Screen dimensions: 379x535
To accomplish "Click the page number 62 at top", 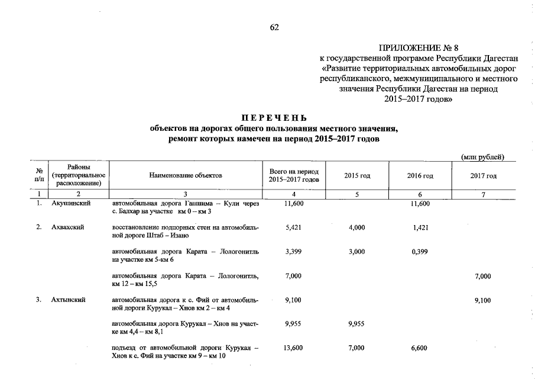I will click(274, 27).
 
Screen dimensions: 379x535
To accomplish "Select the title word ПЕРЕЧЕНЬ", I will click(274, 117).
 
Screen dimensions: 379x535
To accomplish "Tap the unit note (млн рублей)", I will click(482, 157).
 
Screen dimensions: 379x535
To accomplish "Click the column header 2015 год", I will click(357, 176).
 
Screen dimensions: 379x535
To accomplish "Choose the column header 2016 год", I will click(420, 176).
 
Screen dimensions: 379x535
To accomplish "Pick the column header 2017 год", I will click(483, 176).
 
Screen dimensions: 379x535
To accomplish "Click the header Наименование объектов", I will click(186, 176).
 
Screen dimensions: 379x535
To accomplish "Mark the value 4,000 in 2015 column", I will click(356, 227).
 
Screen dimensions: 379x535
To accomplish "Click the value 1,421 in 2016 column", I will click(419, 227).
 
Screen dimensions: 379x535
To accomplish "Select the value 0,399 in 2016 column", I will click(419, 252).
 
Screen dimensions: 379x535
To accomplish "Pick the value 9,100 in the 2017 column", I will click(482, 300).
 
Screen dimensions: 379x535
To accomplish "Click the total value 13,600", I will click(294, 348).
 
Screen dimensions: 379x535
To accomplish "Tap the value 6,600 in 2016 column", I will click(419, 348).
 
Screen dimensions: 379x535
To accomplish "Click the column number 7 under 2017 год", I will click(483, 194).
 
